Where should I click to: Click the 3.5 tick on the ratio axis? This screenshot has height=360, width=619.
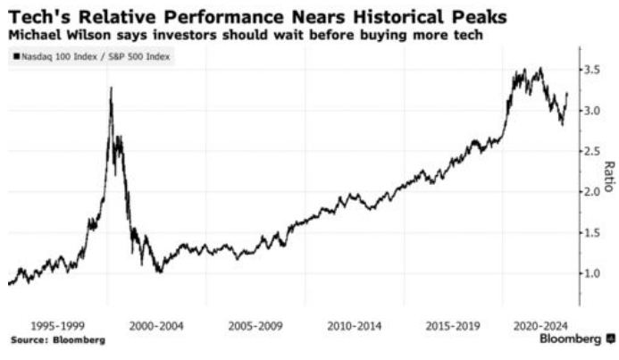[x=592, y=70]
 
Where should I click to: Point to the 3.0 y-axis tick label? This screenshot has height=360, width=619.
[x=592, y=111]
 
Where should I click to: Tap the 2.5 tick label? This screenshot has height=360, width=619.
[x=592, y=151]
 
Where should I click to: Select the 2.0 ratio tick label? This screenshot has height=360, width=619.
[x=592, y=192]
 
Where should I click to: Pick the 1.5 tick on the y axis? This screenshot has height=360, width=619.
[x=592, y=232]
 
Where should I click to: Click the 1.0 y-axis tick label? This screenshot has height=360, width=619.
[x=592, y=273]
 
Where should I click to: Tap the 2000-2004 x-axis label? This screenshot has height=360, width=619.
[x=157, y=326]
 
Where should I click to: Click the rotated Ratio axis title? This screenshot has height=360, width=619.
[x=608, y=176]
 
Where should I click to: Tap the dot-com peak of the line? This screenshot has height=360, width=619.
[x=111, y=88]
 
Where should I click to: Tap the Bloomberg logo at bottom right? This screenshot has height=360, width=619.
[x=577, y=339]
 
